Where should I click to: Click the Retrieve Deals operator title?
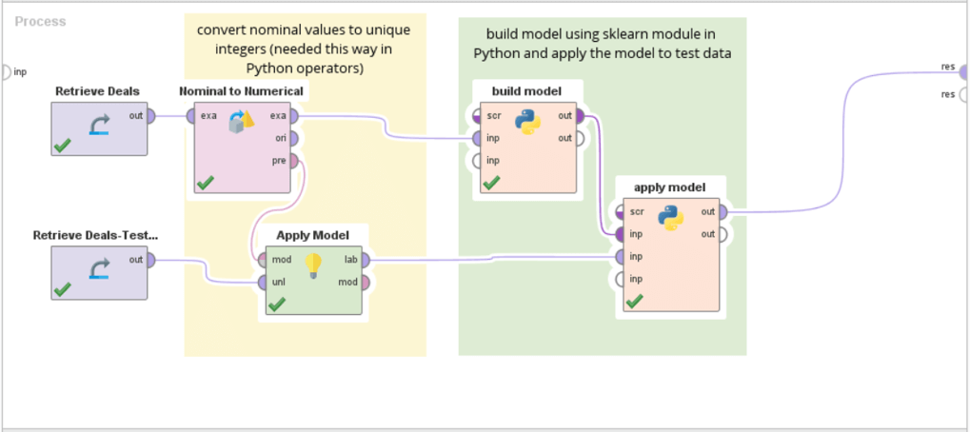click(x=97, y=91)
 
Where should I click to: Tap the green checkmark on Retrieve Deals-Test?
click(x=63, y=288)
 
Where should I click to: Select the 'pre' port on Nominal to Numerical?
click(x=295, y=162)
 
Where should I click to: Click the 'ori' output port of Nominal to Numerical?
click(x=295, y=139)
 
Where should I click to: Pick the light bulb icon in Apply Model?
click(x=312, y=265)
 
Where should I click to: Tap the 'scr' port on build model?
click(x=476, y=116)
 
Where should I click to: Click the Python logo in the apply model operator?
click(x=671, y=218)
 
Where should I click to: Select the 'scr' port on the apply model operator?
click(x=620, y=211)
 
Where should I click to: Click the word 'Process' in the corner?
click(x=40, y=21)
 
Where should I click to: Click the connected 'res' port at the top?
click(x=962, y=68)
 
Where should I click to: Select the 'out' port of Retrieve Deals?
click(x=152, y=116)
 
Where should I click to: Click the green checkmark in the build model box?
click(x=490, y=182)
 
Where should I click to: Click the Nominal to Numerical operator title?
click(x=241, y=91)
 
